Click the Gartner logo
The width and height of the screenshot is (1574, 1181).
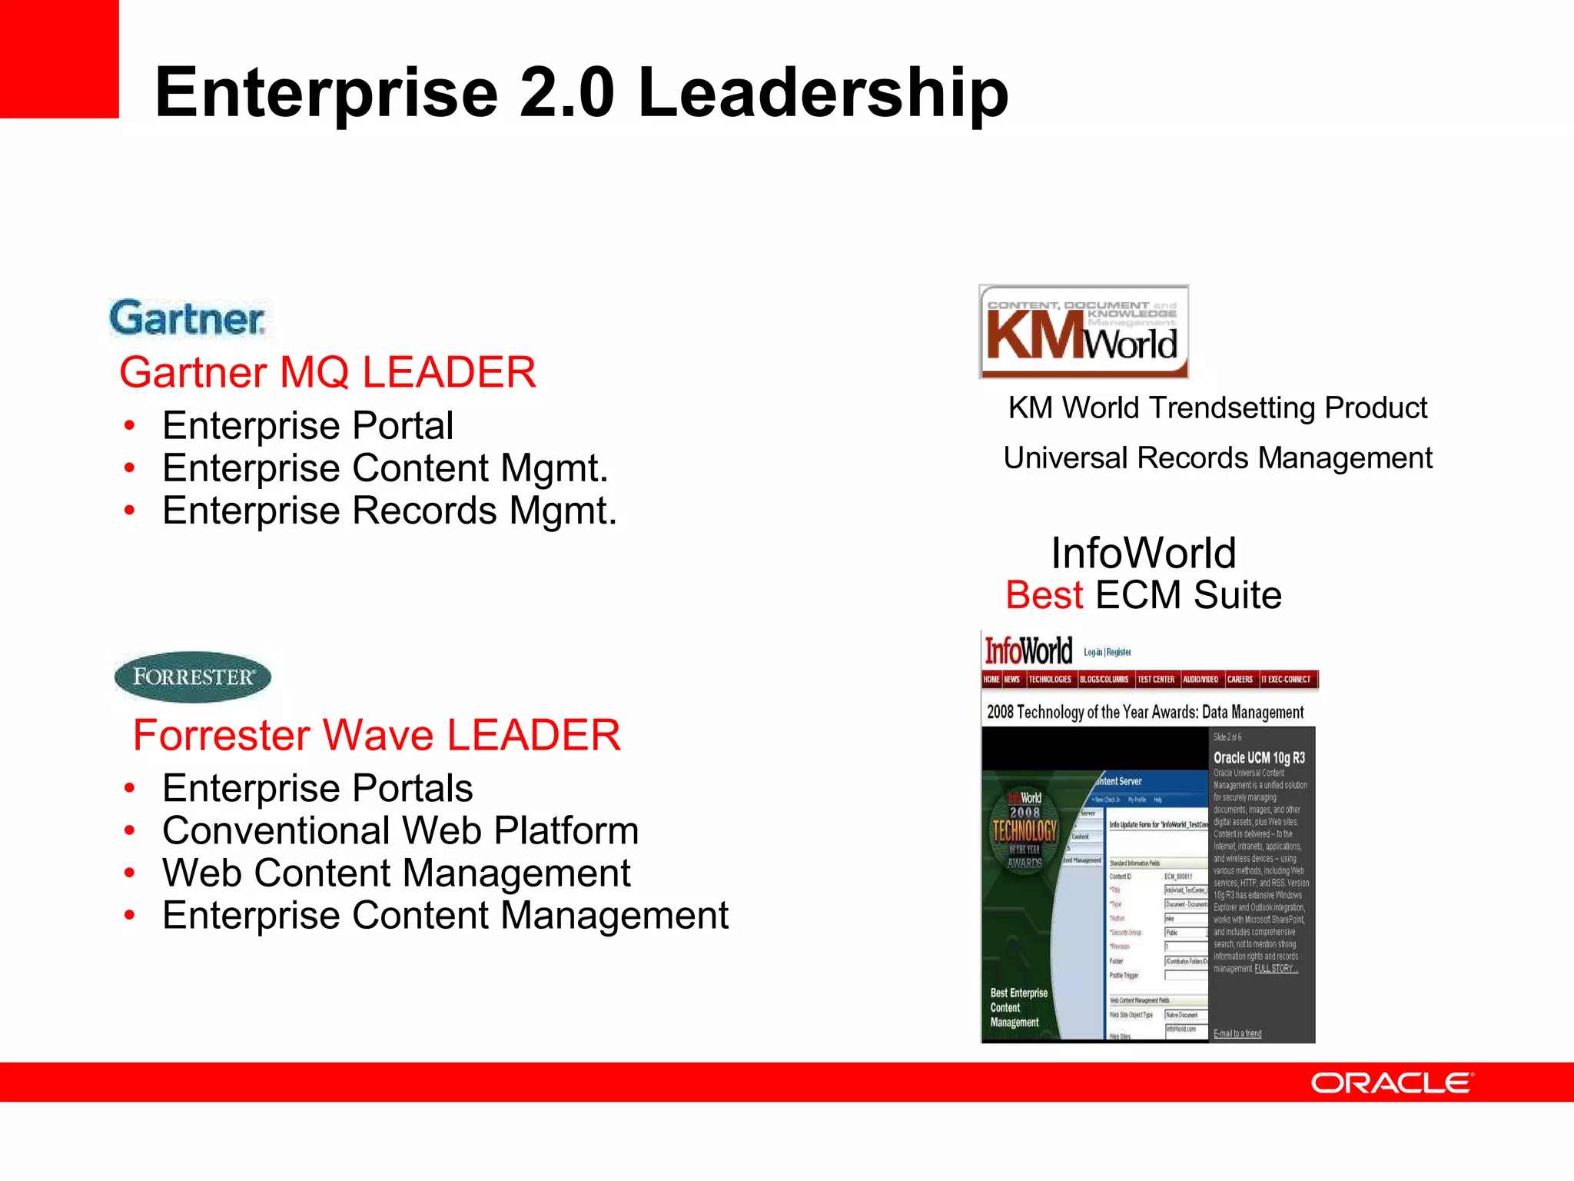pos(188,319)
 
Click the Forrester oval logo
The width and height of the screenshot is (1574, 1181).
pos(192,677)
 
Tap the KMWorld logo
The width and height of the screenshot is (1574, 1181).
pos(1083,332)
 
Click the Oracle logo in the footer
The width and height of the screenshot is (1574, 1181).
pos(1392,1083)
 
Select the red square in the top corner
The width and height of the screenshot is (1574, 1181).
pos(58,58)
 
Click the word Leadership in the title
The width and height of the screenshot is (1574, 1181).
pos(822,93)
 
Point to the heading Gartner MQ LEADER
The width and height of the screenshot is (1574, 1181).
pos(327,372)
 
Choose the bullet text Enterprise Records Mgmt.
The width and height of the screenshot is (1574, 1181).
pos(390,511)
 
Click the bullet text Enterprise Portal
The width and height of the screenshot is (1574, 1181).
pos(307,425)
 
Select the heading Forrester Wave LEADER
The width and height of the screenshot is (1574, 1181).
pos(377,735)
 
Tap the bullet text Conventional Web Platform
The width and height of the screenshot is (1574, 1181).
pos(400,830)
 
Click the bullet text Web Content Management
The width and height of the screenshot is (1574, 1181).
pos(397,873)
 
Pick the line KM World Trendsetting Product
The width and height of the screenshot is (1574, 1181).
pos(1217,408)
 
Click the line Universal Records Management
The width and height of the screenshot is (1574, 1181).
pos(1217,458)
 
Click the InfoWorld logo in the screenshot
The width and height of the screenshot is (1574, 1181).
pos(1028,651)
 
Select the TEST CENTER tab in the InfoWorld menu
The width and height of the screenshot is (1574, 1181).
pos(1155,680)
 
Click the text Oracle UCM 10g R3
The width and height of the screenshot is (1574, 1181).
pos(1259,757)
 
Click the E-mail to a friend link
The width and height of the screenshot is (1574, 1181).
pos(1237,1033)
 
